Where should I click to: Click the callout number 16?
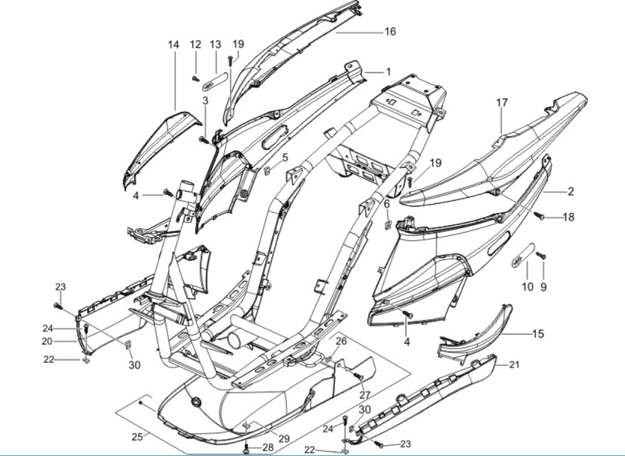[x=390, y=31]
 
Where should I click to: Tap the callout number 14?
[x=174, y=45]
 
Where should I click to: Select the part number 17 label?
[x=502, y=103]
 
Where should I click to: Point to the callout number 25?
[x=137, y=437]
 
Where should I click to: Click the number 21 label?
[x=514, y=364]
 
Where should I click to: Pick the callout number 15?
[x=538, y=334]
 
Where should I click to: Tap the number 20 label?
[x=64, y=341]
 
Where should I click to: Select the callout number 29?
[x=284, y=439]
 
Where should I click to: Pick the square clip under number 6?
[x=388, y=226]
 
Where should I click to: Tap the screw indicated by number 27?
[x=359, y=376]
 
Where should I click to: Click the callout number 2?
[x=570, y=192]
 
